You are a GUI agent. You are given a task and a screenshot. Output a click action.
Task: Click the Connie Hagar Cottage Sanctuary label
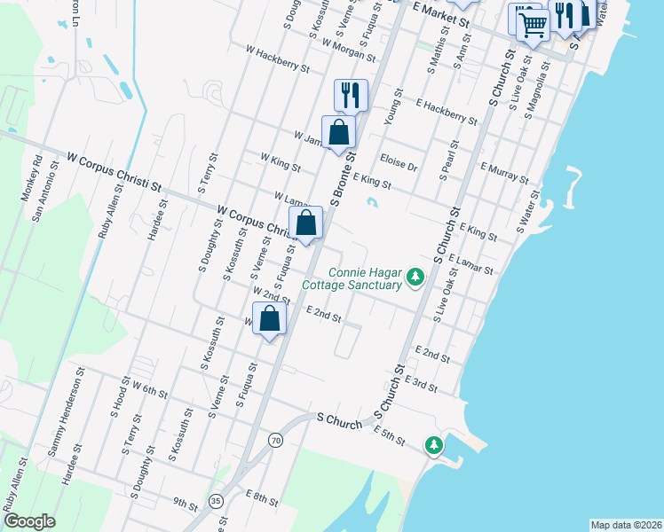(x=352, y=279)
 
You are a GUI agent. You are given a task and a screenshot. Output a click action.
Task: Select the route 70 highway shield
(x=276, y=440)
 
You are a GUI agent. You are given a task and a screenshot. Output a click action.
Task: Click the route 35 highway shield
(x=217, y=500)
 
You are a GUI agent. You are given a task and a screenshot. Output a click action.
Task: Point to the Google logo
(x=29, y=521)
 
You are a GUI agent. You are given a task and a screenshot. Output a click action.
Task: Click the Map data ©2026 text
(x=626, y=525)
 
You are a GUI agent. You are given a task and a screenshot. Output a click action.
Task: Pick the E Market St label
(x=441, y=13)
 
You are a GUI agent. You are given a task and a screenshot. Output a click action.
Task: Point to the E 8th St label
(x=261, y=497)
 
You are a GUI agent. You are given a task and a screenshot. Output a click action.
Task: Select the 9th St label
(x=186, y=503)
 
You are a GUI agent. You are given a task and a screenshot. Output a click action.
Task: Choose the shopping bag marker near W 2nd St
(x=270, y=318)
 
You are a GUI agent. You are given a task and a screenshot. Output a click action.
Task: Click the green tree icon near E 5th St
(x=433, y=443)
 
